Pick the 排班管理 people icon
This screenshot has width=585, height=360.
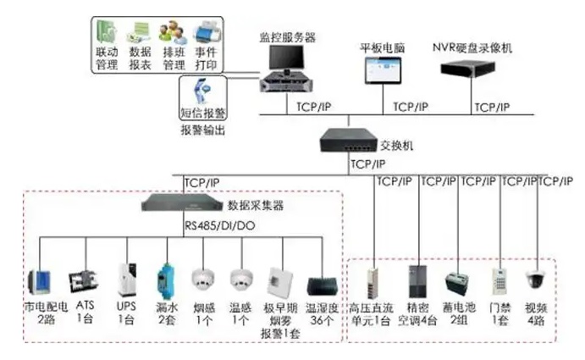coord(172,33)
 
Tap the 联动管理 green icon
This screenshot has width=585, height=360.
coord(106,33)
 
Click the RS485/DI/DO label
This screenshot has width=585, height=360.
coord(218,226)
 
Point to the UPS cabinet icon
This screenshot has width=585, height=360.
coord(127,279)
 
